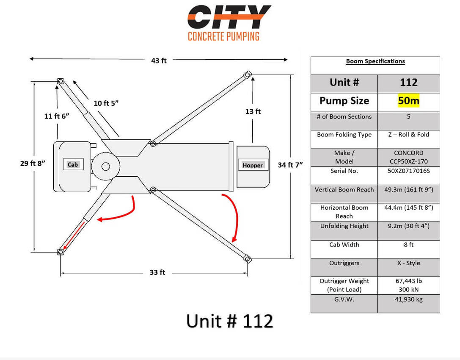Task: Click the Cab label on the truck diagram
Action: [x=73, y=164]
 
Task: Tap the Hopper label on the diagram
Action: [x=253, y=165]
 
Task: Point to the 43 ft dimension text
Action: [x=159, y=61]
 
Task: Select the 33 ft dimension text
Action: [x=157, y=272]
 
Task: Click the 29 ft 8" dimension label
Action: [x=33, y=163]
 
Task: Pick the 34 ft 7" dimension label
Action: [x=290, y=165]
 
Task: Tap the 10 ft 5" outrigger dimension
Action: [x=106, y=103]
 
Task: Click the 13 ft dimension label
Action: [x=253, y=111]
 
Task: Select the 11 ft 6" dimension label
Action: [x=57, y=116]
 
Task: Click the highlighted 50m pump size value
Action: [x=409, y=101]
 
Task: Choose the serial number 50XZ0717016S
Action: [x=409, y=171]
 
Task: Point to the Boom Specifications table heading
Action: [x=375, y=61]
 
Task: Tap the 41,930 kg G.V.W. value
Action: [x=409, y=299]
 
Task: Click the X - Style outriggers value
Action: [x=409, y=263]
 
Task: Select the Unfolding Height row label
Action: [x=344, y=226]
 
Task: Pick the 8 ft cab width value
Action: [x=409, y=244]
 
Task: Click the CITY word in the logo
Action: [x=229, y=17]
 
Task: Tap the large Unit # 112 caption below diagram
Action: [x=230, y=321]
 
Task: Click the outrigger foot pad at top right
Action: [x=248, y=74]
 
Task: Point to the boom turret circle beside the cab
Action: [x=106, y=166]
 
